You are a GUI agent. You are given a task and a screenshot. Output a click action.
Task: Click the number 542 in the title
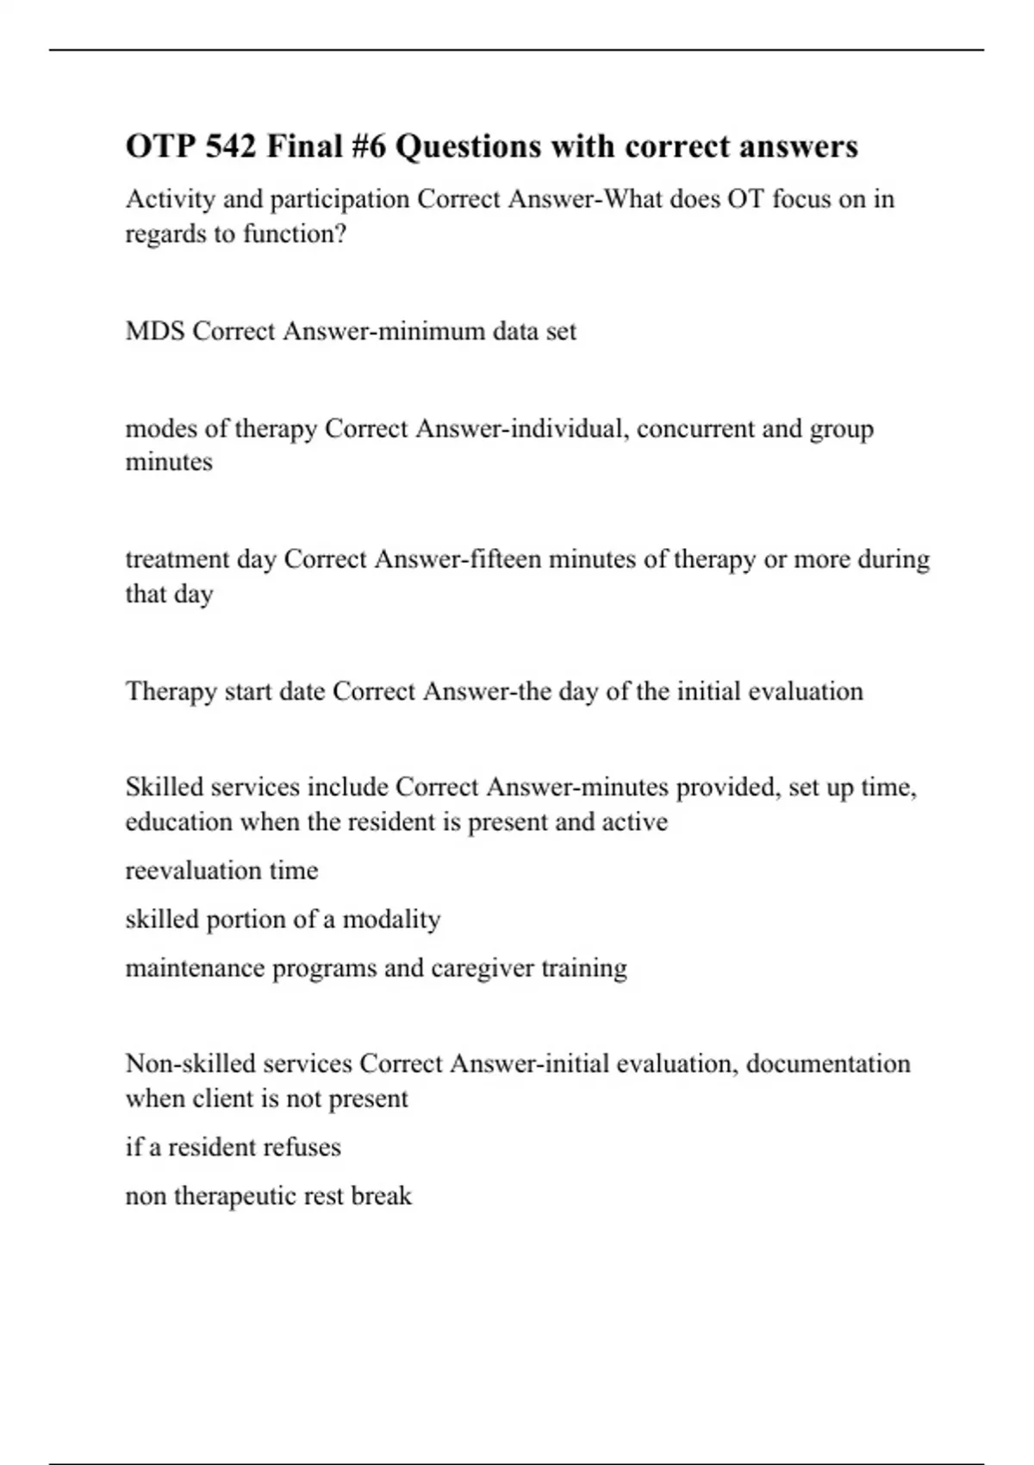(x=231, y=146)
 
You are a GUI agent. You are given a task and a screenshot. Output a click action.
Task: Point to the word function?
(x=295, y=234)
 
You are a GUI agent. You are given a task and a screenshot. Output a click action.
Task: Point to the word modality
(x=391, y=920)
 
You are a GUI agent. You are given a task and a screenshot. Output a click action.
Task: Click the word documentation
(x=828, y=1063)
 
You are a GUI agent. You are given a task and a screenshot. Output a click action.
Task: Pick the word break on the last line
(x=381, y=1196)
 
